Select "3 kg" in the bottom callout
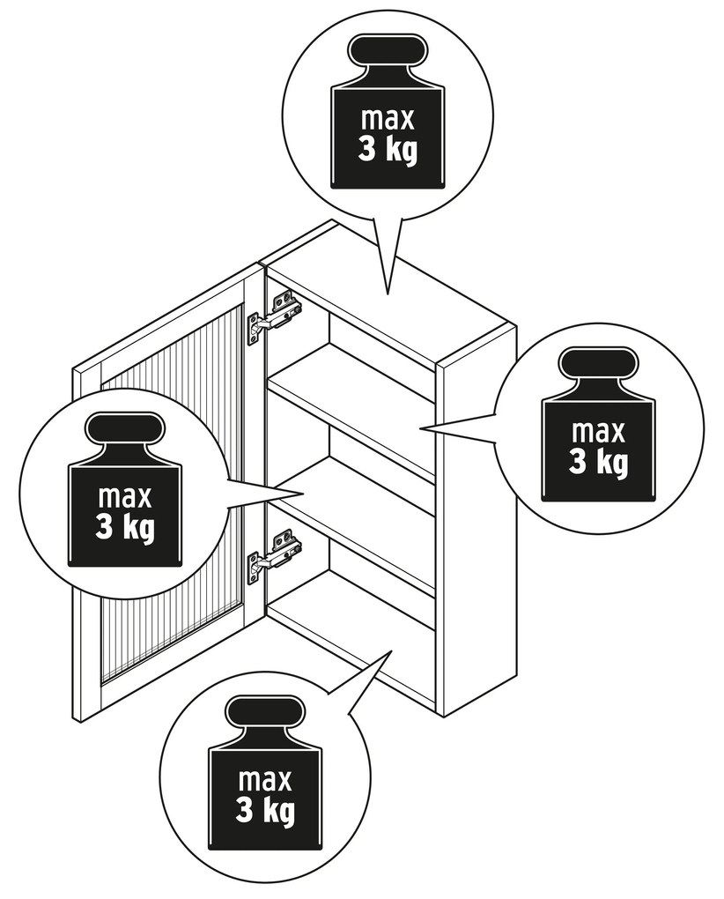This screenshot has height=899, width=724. [x=264, y=808]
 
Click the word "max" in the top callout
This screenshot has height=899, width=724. [x=388, y=120]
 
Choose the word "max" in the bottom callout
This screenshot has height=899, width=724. [x=264, y=781]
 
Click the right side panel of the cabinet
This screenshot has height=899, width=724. [x=476, y=529]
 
